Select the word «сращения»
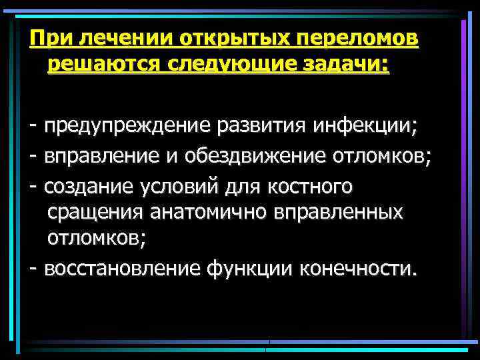95,214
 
